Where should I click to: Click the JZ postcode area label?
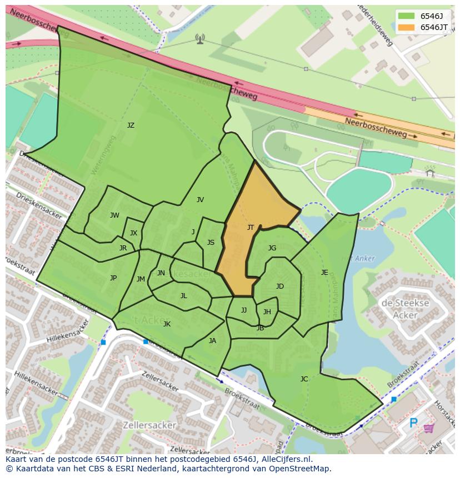point(131,125)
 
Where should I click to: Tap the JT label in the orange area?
point(251,228)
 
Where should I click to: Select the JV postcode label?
point(200,200)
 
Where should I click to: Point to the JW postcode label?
point(114,215)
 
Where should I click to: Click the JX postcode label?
point(133,233)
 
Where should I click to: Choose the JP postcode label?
point(113,278)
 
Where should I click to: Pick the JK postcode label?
point(167,324)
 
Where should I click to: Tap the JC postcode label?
point(304,379)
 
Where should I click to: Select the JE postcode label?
point(324,273)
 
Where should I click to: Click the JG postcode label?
point(272,248)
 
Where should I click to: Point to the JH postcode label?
point(267,312)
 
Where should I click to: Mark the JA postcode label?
point(212,341)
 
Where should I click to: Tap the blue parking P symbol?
point(413,424)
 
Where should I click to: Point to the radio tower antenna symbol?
point(200,38)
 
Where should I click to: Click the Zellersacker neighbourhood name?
point(151,425)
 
